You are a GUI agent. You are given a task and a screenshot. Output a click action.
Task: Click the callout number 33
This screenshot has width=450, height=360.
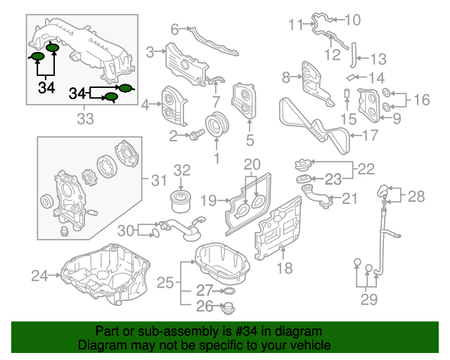tap(84, 119)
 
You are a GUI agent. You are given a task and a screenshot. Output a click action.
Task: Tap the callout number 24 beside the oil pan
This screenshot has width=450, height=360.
tap(39, 275)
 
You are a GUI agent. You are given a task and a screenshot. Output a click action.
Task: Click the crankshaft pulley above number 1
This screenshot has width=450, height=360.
tap(214, 127)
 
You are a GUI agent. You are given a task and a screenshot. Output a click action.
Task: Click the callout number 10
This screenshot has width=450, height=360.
tap(352, 20)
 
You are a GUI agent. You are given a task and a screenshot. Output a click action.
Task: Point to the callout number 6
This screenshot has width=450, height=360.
tap(174, 29)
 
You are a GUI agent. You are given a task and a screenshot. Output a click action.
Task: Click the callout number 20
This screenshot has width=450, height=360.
tap(252, 165)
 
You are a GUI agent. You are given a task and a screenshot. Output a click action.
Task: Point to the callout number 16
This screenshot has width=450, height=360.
tap(420, 100)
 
